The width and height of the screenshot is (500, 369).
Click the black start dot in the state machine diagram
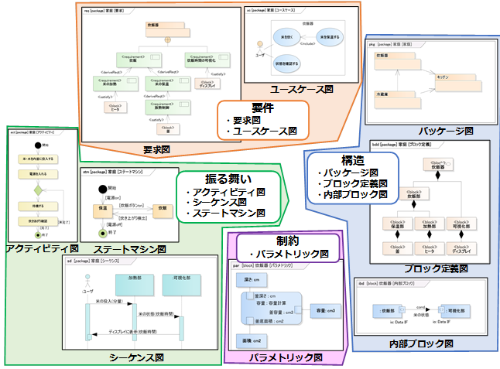(x=102, y=189)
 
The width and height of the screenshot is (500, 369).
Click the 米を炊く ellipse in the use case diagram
(x=287, y=36)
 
